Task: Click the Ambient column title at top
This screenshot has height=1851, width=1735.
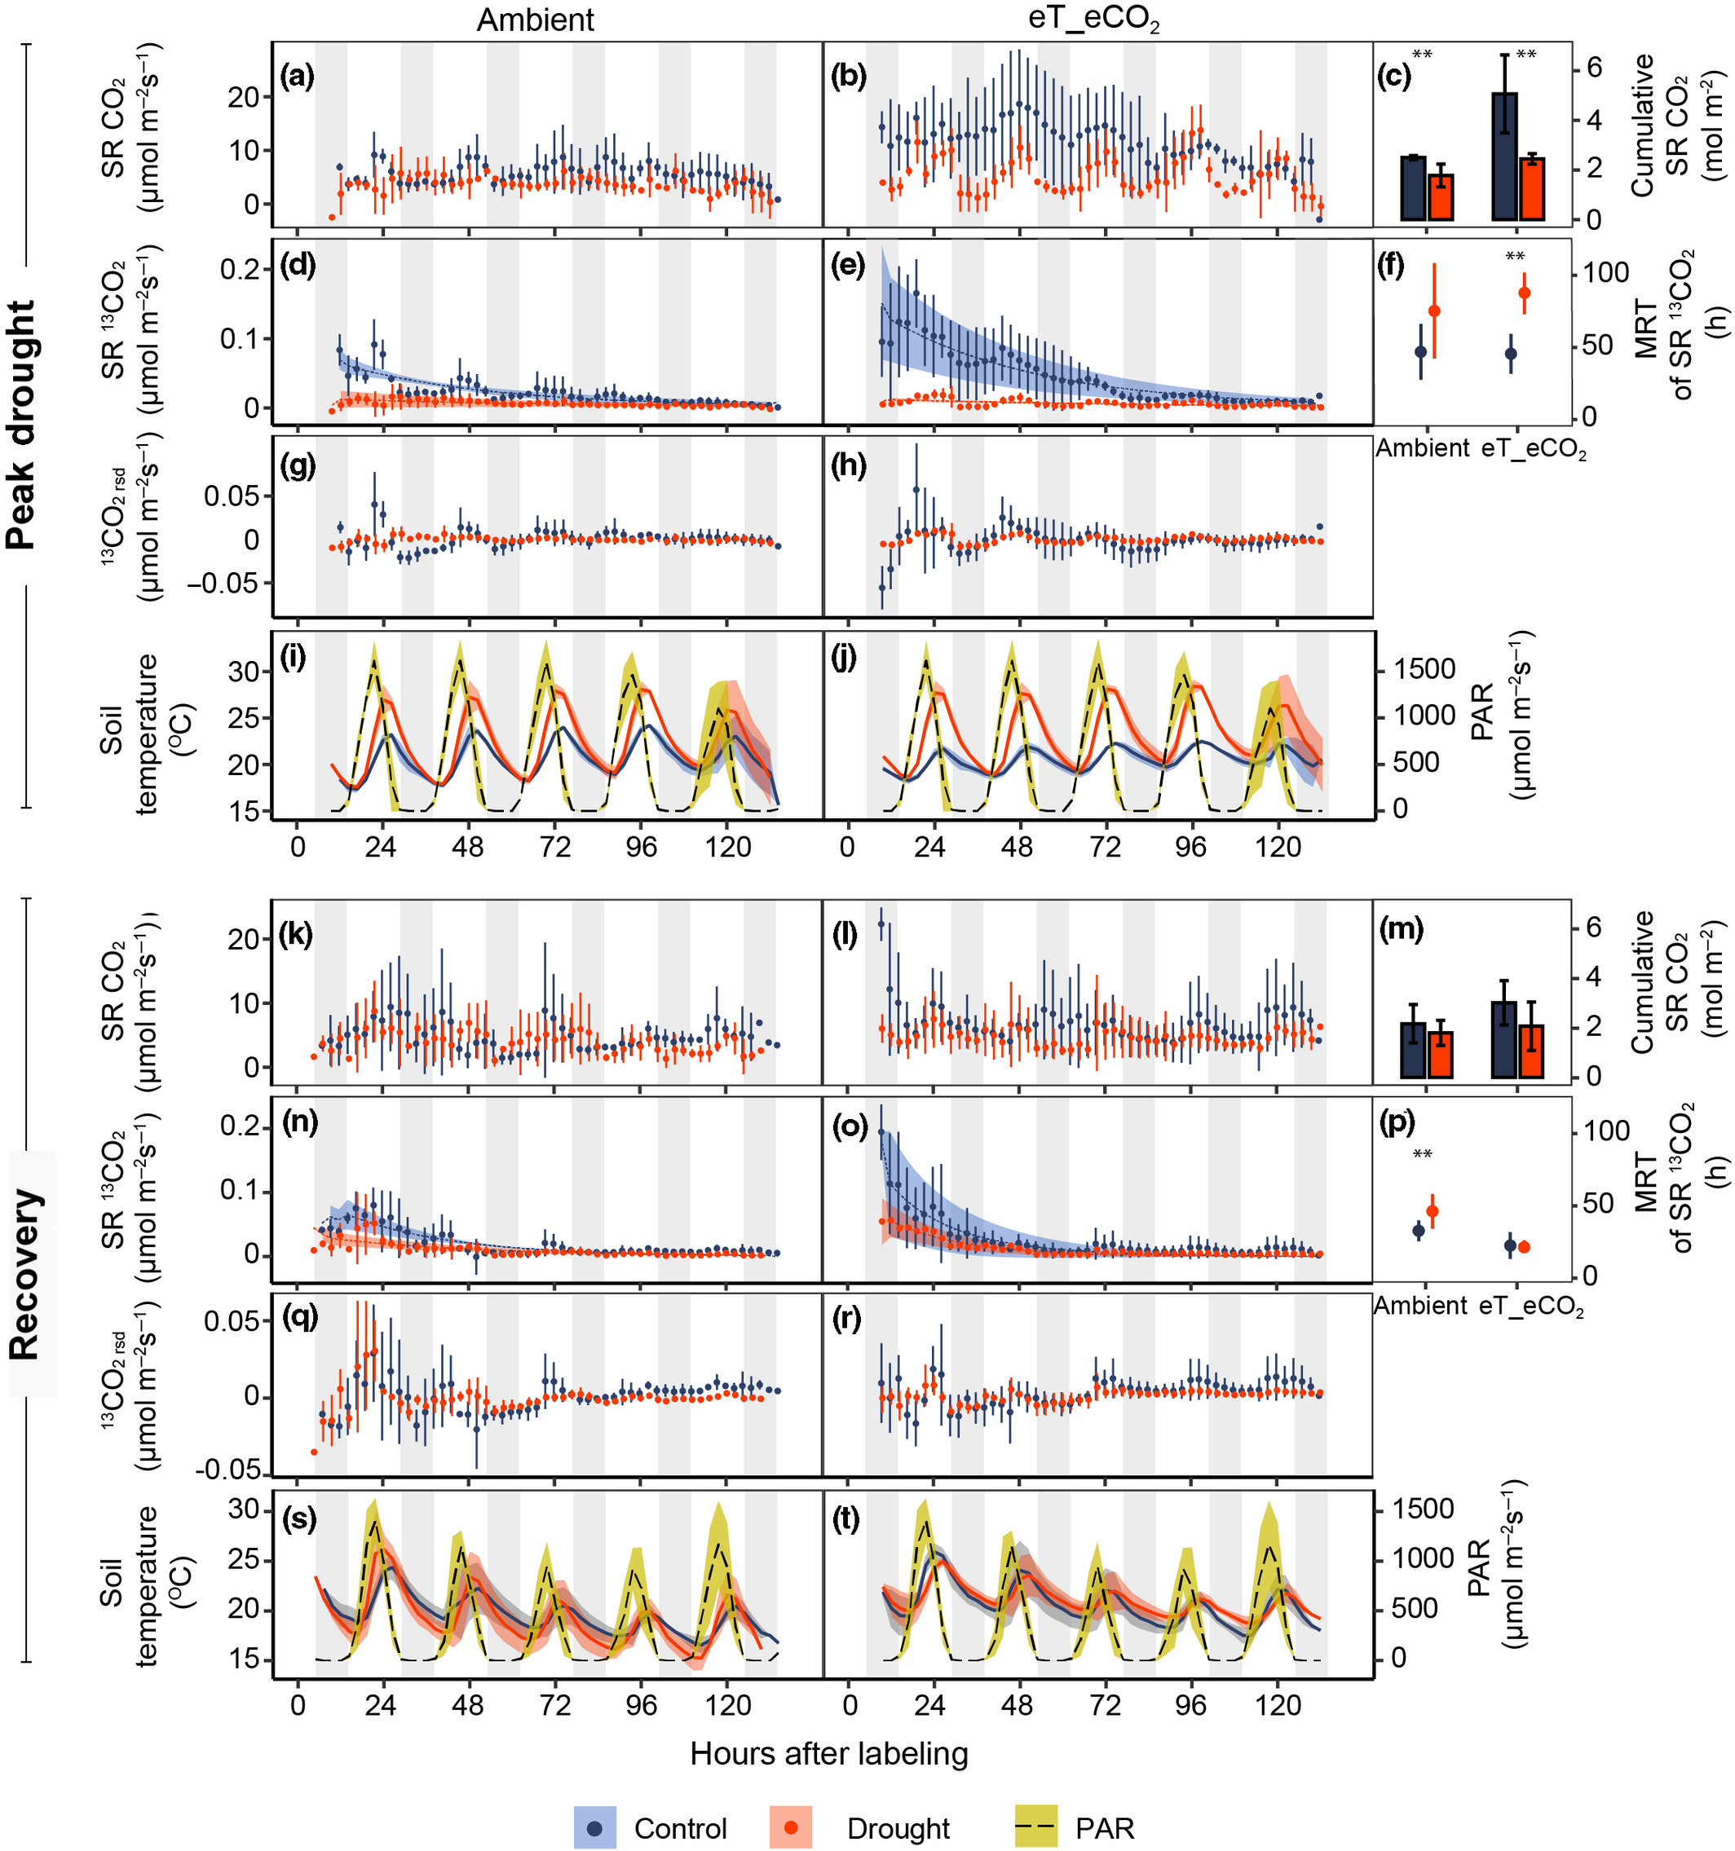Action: pos(536,20)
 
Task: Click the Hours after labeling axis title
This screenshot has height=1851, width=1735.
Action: pos(829,1754)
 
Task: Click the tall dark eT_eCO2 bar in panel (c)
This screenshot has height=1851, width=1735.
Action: pos(1504,156)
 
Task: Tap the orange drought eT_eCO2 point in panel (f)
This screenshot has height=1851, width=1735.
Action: pos(1525,293)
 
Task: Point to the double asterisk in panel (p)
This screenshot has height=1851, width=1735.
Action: pos(1422,1156)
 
